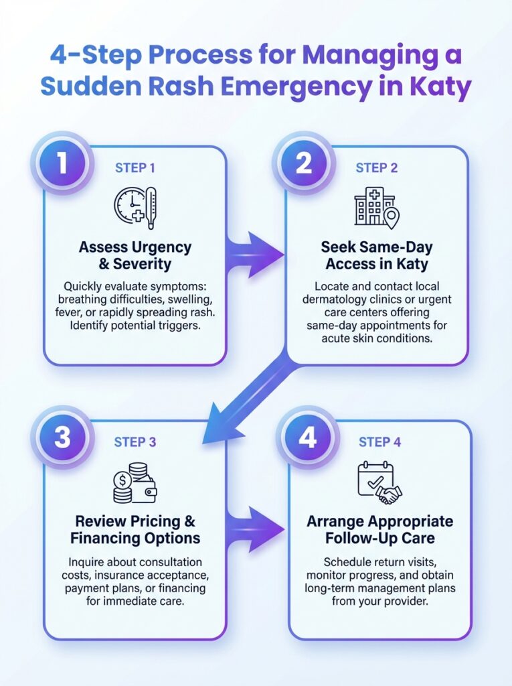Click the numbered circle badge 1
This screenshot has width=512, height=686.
tap(62, 163)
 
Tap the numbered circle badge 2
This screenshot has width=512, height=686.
tap(304, 163)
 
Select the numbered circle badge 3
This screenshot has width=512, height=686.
tap(62, 438)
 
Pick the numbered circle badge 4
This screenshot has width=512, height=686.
tap(307, 438)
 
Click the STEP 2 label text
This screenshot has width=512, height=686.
tap(376, 167)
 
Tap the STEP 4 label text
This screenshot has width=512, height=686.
tap(379, 442)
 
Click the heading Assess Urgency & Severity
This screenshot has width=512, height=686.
tap(135, 255)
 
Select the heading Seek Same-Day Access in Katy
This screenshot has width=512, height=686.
tap(376, 255)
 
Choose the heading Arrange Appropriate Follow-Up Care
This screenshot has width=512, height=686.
tap(379, 529)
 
